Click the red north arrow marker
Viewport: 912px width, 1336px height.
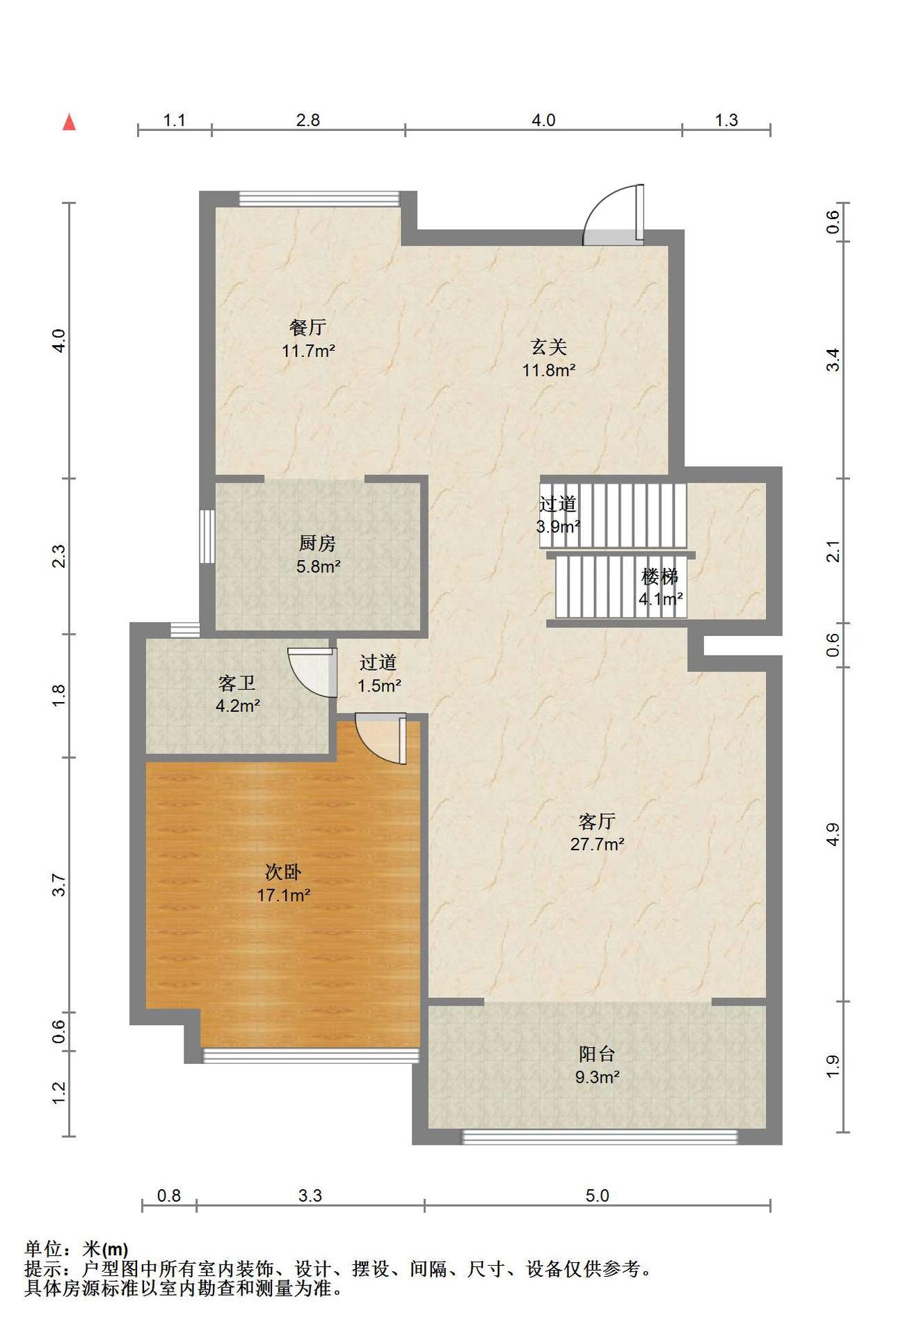tap(69, 122)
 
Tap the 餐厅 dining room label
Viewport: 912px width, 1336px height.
tap(307, 327)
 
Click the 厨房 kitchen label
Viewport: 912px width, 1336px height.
tap(317, 543)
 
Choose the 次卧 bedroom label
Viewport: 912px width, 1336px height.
tap(283, 872)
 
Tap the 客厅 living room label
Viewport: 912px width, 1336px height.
tap(597, 822)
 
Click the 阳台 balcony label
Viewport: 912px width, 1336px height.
tap(597, 1054)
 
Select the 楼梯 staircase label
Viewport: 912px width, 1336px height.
tap(659, 576)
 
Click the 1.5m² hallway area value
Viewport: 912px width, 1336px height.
tap(379, 686)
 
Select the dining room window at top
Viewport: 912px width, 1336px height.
tap(319, 199)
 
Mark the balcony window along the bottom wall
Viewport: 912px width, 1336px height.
tap(600, 1138)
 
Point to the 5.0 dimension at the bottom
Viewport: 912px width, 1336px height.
tap(597, 1195)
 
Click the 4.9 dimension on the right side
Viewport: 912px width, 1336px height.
tap(833, 834)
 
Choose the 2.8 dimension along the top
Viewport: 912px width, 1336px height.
tap(308, 120)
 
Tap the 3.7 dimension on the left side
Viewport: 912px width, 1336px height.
tap(59, 885)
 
